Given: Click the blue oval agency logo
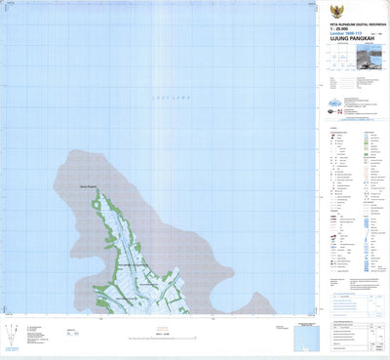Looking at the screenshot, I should [x=335, y=101].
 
